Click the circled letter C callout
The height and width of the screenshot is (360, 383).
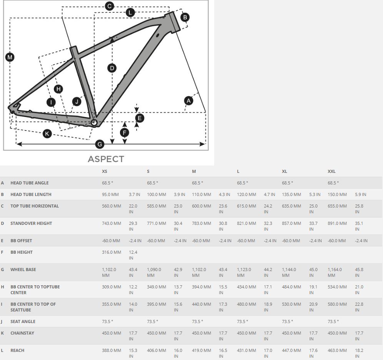[x=110, y=6]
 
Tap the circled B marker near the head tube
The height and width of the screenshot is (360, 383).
[x=185, y=17]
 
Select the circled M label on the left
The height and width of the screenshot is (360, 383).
[x=10, y=57]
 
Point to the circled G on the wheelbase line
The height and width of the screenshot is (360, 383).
[x=100, y=144]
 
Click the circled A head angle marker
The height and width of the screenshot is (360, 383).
[x=188, y=100]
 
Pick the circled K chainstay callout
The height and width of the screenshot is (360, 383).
[x=47, y=134]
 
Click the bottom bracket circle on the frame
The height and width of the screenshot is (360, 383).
[x=94, y=122]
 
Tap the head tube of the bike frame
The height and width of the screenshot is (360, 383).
[x=172, y=22]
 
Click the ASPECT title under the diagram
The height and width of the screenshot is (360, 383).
[x=106, y=159]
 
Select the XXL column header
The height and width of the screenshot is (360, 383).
[x=331, y=171]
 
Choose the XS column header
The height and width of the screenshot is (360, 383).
[x=105, y=171]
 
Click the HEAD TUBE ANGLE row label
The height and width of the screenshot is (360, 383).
[x=30, y=183]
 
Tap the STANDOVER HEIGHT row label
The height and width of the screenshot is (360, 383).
[x=31, y=223]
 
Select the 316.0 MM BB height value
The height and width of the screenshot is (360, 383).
[x=112, y=252]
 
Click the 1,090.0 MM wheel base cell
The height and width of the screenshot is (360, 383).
[x=154, y=272]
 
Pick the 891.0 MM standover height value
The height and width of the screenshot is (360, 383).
[x=337, y=223]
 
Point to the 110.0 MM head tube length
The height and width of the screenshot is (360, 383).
[x=201, y=194]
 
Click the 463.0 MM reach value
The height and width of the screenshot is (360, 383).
[x=337, y=350]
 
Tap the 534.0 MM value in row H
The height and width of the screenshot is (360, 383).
[x=337, y=286]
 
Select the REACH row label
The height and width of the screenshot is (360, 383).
[x=17, y=350]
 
